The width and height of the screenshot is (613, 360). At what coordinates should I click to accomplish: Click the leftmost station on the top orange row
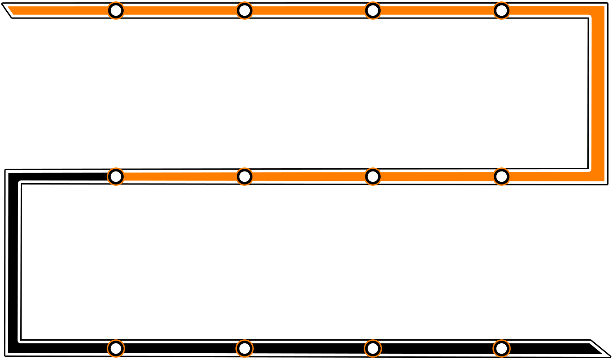pyautogui.click(x=116, y=10)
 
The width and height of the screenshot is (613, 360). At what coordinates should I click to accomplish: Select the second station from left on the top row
pyautogui.click(x=244, y=10)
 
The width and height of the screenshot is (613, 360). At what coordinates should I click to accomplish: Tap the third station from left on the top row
pyautogui.click(x=373, y=10)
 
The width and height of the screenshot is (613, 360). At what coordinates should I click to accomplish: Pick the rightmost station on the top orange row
pyautogui.click(x=501, y=10)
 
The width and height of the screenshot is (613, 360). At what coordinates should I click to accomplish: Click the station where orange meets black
pyautogui.click(x=116, y=176)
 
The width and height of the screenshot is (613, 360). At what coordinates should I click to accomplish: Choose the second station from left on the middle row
pyautogui.click(x=244, y=176)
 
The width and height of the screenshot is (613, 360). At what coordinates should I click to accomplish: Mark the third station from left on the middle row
pyautogui.click(x=373, y=176)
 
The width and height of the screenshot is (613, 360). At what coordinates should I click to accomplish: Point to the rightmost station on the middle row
pyautogui.click(x=501, y=176)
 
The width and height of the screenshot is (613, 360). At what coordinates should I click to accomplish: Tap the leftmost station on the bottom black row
pyautogui.click(x=116, y=348)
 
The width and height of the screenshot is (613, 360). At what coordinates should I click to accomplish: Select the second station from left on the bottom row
pyautogui.click(x=244, y=348)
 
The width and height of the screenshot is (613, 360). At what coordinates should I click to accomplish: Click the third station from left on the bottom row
pyautogui.click(x=373, y=348)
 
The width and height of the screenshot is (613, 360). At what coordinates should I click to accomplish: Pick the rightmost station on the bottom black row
pyautogui.click(x=501, y=348)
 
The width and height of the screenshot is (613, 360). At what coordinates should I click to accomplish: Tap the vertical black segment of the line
pyautogui.click(x=13, y=261)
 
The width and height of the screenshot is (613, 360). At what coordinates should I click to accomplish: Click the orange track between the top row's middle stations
pyautogui.click(x=308, y=10)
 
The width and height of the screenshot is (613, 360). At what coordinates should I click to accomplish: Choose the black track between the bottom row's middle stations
pyautogui.click(x=308, y=348)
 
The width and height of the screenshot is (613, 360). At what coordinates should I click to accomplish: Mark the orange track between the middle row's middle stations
pyautogui.click(x=308, y=176)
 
